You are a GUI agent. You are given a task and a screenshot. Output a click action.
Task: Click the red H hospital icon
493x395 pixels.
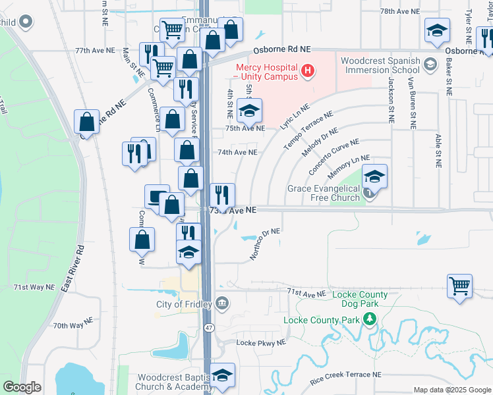tap(306, 70)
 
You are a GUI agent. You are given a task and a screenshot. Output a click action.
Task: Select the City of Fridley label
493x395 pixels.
tap(183, 304)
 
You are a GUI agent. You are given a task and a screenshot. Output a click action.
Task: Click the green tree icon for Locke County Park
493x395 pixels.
tap(370, 320)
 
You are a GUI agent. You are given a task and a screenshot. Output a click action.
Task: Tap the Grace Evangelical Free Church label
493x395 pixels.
tap(324, 193)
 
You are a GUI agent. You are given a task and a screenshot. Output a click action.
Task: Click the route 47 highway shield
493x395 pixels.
tap(208, 327)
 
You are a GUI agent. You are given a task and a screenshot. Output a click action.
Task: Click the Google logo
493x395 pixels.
tap(22, 387)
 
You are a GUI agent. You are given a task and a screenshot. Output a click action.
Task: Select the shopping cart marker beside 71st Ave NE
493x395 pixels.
tap(459, 286)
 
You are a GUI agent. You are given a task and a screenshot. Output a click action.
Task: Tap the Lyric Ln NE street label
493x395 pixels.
tap(294, 116)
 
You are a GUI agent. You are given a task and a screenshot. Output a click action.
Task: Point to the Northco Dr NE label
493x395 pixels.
tap(265, 244)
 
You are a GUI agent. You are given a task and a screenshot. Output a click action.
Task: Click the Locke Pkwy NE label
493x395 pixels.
tap(261, 343)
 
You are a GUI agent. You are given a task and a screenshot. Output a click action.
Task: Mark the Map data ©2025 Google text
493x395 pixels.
tap(451, 390)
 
